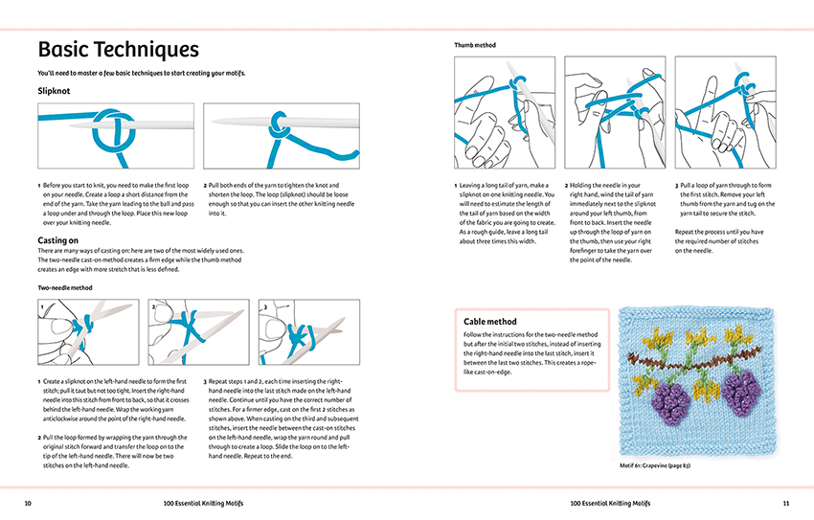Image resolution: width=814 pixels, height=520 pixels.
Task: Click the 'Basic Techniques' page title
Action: pyautogui.click(x=118, y=49)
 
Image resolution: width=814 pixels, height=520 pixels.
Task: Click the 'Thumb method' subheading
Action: pyautogui.click(x=476, y=45)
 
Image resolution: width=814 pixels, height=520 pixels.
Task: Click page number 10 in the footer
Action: pyautogui.click(x=28, y=502)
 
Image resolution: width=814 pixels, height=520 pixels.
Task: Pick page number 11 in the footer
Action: pyautogui.click(x=785, y=502)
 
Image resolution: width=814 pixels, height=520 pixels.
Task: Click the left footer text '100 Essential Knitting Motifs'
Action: pyautogui.click(x=204, y=502)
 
